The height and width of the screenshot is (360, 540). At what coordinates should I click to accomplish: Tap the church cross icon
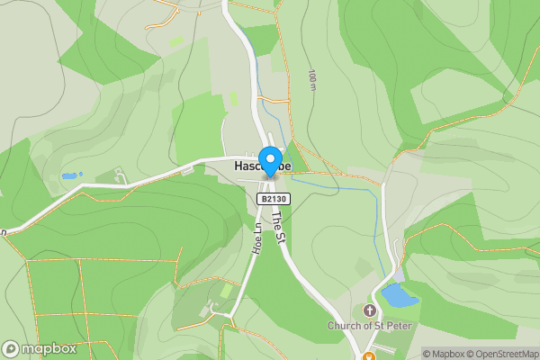coord(368,310)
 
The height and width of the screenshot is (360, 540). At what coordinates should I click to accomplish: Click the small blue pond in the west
coord(70,175)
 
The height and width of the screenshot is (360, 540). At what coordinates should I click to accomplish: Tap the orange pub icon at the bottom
coord(368,346)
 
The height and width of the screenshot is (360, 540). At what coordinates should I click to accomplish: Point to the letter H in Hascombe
coord(238,167)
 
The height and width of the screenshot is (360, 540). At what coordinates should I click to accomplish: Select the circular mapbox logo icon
coord(11,348)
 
